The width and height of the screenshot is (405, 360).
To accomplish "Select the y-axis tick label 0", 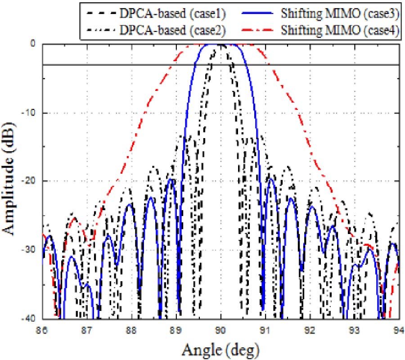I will [x=33, y=44].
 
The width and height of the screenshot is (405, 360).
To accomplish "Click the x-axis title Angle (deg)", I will [x=220, y=347].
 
